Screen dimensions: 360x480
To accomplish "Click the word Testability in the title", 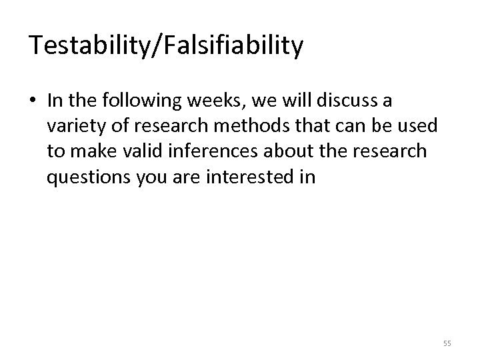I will (88, 45).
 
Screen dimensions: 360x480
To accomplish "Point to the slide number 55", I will (447, 343).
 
